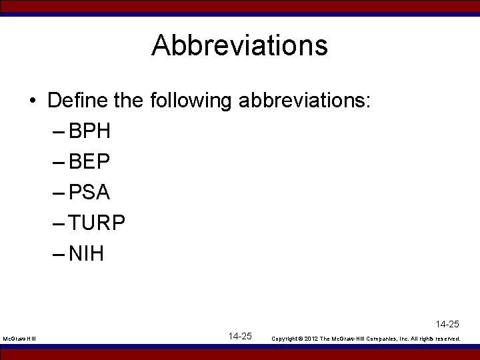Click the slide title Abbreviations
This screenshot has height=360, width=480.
239,46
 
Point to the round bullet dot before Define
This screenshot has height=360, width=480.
33,102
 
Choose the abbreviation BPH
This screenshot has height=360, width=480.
89,131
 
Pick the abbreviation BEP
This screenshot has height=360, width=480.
89,162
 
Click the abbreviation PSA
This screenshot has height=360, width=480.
89,193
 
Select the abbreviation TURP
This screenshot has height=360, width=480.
97,223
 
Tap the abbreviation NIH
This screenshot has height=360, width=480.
86,254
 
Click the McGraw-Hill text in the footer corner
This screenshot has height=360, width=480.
19,339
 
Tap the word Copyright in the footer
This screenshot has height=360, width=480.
284,339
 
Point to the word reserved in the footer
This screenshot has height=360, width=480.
447,339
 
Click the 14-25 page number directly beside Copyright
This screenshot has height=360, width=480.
239,336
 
